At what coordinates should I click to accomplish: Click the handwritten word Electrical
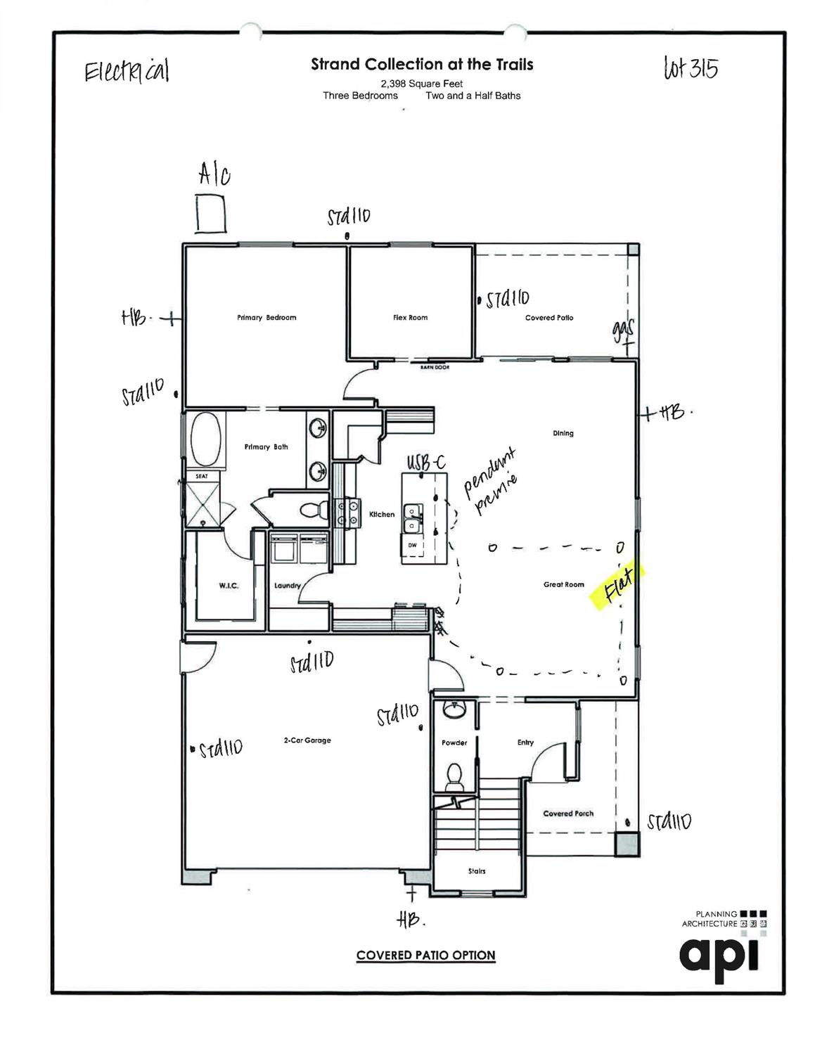click(x=127, y=72)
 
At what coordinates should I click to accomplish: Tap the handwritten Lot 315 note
click(x=690, y=69)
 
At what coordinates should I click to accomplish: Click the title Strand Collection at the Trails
click(x=422, y=65)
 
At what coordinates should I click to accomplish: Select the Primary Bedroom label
click(x=267, y=318)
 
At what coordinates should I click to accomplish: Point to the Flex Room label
click(x=410, y=318)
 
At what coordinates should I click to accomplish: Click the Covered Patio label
click(x=549, y=318)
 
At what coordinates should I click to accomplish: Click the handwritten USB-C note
click(x=426, y=463)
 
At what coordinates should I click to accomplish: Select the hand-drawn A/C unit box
click(x=210, y=214)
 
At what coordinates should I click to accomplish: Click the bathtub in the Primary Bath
click(x=205, y=439)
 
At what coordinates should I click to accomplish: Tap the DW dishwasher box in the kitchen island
click(x=412, y=545)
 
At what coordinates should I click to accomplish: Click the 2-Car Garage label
click(x=307, y=740)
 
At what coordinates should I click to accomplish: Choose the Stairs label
click(x=477, y=871)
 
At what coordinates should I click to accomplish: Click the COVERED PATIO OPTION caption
click(x=425, y=955)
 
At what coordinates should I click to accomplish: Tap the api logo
click(x=719, y=955)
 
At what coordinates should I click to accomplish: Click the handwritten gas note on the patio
click(x=623, y=330)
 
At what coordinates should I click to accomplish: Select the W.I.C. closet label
click(x=229, y=586)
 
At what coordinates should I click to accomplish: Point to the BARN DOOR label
click(x=435, y=367)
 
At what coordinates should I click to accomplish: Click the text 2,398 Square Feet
click(x=422, y=84)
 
